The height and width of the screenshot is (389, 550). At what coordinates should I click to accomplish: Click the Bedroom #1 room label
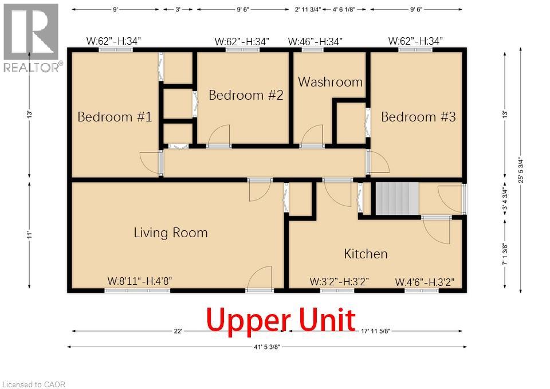[x=115, y=117]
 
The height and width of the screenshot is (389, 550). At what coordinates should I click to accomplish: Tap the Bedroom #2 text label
[x=246, y=95]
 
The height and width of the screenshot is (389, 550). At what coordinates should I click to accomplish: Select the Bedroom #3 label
[x=418, y=117]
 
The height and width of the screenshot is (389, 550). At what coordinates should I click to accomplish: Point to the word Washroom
[x=330, y=82]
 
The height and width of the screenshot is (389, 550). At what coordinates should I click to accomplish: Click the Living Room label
[x=170, y=233]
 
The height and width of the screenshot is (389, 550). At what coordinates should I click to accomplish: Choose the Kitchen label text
[x=366, y=254]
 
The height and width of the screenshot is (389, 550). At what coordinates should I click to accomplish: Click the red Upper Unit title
[x=281, y=320]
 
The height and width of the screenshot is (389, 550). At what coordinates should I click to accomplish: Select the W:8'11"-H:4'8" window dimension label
[x=140, y=281]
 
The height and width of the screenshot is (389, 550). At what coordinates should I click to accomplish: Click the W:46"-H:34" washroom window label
[x=315, y=41]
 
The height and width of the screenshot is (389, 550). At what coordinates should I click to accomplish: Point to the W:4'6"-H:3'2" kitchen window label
[x=425, y=282]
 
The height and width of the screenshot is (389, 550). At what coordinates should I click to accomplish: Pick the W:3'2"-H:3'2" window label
[x=339, y=281]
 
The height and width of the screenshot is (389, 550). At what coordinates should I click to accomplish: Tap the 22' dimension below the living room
[x=178, y=331]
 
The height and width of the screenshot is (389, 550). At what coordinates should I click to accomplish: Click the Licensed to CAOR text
[x=34, y=384]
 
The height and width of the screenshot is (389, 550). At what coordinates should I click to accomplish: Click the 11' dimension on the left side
[x=29, y=235]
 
